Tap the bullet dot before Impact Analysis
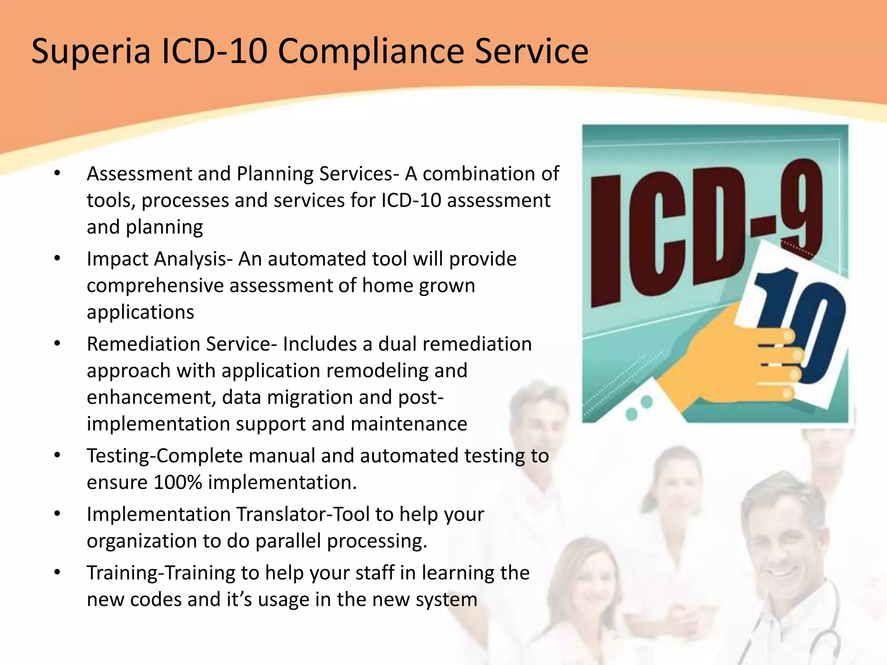click(x=57, y=259)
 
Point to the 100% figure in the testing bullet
click(x=178, y=482)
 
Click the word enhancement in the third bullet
click(x=149, y=397)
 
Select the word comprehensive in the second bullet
click(x=154, y=286)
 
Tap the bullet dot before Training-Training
click(x=57, y=573)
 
